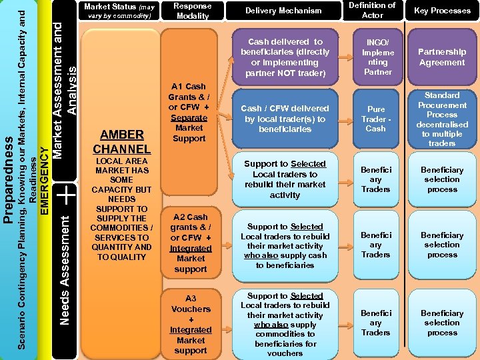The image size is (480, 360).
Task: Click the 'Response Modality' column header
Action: tap(192, 10)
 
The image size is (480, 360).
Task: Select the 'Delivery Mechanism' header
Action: tap(283, 11)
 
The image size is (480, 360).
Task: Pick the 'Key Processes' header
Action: tap(442, 11)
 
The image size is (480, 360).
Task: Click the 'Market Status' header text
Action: tap(120, 11)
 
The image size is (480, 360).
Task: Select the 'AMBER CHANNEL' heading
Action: tap(121, 141)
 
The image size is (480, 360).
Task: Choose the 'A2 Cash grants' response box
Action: tap(191, 243)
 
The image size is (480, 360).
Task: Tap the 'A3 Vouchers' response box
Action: tap(191, 324)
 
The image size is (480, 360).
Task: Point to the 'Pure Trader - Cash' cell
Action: tap(376, 119)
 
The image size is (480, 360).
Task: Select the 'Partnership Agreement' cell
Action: tap(442, 57)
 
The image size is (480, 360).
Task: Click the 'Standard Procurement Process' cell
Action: tap(442, 119)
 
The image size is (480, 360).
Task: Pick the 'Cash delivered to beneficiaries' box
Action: tap(285, 57)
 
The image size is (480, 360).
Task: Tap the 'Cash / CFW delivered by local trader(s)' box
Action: tap(285, 119)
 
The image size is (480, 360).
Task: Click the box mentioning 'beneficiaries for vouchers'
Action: tap(285, 324)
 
